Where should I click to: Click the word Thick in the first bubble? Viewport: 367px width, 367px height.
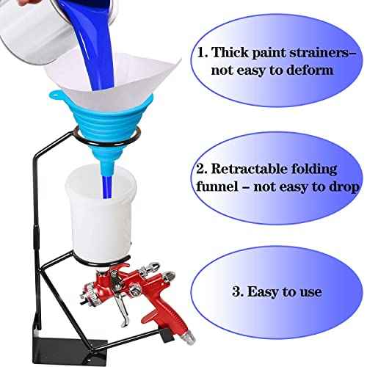pyautogui.click(x=230, y=52)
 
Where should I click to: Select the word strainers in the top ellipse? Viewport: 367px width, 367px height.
pyautogui.click(x=322, y=53)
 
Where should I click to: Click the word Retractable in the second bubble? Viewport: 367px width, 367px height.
pyautogui.click(x=250, y=169)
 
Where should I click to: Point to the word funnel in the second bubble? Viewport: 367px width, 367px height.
pyautogui.click(x=217, y=186)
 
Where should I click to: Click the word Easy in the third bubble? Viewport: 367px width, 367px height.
pyautogui.click(x=263, y=291)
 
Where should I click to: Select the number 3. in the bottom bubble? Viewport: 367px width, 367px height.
pyautogui.click(x=238, y=291)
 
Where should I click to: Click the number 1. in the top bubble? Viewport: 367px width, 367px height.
pyautogui.click(x=203, y=52)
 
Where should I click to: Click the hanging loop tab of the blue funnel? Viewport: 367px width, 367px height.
pyautogui.click(x=56, y=95)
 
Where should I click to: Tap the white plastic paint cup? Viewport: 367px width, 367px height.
pyautogui.click(x=101, y=215)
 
